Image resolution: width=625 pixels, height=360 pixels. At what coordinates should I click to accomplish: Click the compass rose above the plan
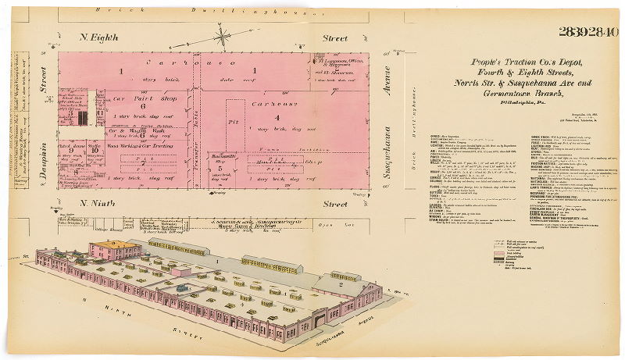tap(223, 35)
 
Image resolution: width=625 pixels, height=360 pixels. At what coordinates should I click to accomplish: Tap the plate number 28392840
tap(588, 32)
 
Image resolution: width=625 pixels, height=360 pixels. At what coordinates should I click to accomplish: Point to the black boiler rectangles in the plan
tap(83, 118)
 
